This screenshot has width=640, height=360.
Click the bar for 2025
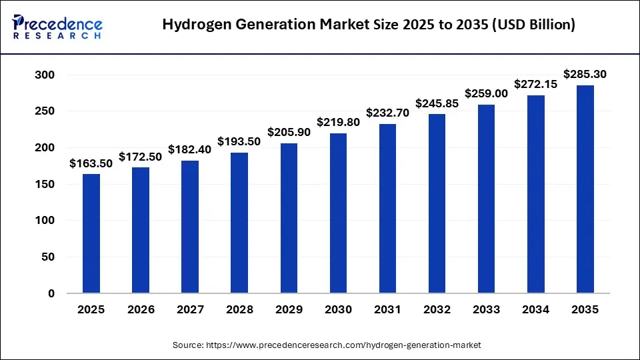[x=91, y=233]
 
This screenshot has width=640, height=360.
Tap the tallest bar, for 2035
[x=585, y=189]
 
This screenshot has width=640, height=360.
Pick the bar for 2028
[x=239, y=223]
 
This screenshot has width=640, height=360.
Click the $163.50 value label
[x=91, y=163]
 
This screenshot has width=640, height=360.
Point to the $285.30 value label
[x=585, y=74]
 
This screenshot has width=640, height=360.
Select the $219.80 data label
[x=338, y=122]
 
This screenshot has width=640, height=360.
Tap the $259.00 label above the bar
[x=486, y=94]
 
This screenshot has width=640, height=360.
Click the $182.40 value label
[x=190, y=149]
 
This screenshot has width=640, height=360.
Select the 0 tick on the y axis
[x=51, y=293]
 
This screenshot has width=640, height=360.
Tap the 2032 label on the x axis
[x=437, y=310]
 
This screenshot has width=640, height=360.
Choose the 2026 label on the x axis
[x=141, y=310]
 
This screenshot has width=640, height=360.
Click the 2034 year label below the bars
[x=535, y=310]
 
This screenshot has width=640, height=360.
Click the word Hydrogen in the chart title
[x=195, y=25]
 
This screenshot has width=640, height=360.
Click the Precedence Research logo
[x=57, y=25]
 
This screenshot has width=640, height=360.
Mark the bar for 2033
[x=486, y=199]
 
